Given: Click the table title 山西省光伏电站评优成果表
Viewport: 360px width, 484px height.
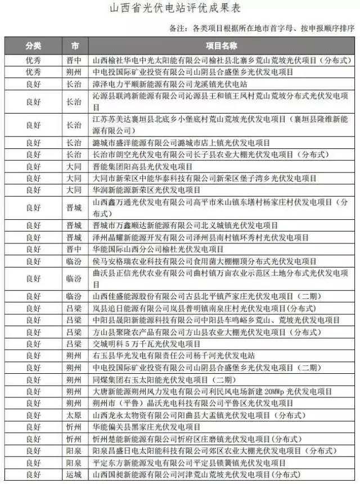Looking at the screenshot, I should (x=180, y=10).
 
